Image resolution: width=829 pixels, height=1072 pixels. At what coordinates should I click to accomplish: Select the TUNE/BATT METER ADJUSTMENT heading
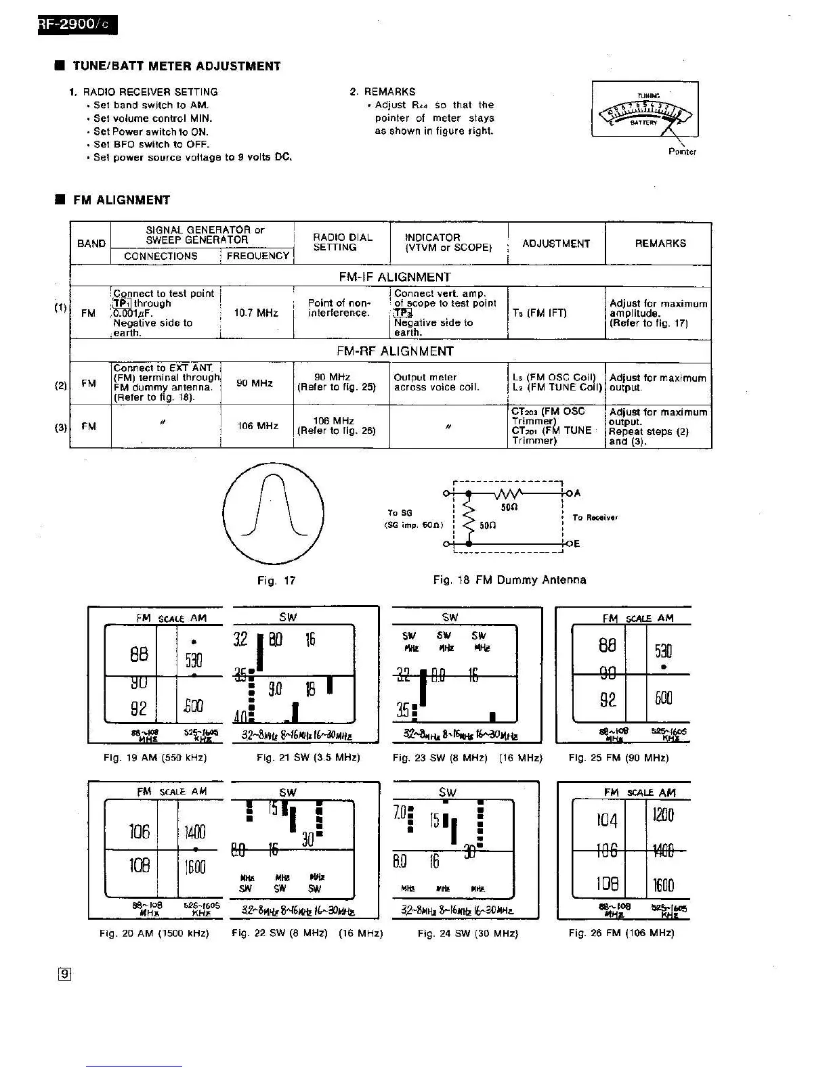(x=176, y=66)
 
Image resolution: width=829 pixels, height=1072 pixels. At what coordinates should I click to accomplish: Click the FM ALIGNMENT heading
(x=121, y=200)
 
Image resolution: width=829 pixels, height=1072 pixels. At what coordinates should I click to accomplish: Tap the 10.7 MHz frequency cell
(x=256, y=313)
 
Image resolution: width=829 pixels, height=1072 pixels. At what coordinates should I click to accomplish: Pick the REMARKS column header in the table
(x=660, y=244)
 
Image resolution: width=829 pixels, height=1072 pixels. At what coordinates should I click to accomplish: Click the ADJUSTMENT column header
(x=556, y=244)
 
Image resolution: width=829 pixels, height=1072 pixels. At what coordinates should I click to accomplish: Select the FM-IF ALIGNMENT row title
(x=394, y=277)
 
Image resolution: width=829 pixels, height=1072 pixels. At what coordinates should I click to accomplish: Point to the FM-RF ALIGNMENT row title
(x=394, y=351)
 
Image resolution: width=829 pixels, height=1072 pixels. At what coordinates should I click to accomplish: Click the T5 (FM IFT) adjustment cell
(x=539, y=313)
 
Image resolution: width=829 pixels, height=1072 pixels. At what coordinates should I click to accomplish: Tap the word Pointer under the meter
(x=682, y=152)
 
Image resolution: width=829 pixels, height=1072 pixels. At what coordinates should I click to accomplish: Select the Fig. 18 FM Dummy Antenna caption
(x=509, y=580)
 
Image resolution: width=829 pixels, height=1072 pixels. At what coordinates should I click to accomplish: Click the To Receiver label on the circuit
(x=595, y=518)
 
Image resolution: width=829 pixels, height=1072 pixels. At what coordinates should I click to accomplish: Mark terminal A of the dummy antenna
(x=577, y=493)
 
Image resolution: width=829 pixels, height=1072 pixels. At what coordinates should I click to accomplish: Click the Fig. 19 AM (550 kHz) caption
(x=155, y=758)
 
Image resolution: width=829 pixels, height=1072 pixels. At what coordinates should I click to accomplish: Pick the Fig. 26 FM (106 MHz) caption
(x=621, y=933)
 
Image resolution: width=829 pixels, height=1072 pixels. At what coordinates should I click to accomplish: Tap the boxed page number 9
(x=64, y=975)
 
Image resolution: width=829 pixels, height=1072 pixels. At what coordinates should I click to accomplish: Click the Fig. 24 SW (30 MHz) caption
(x=467, y=933)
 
